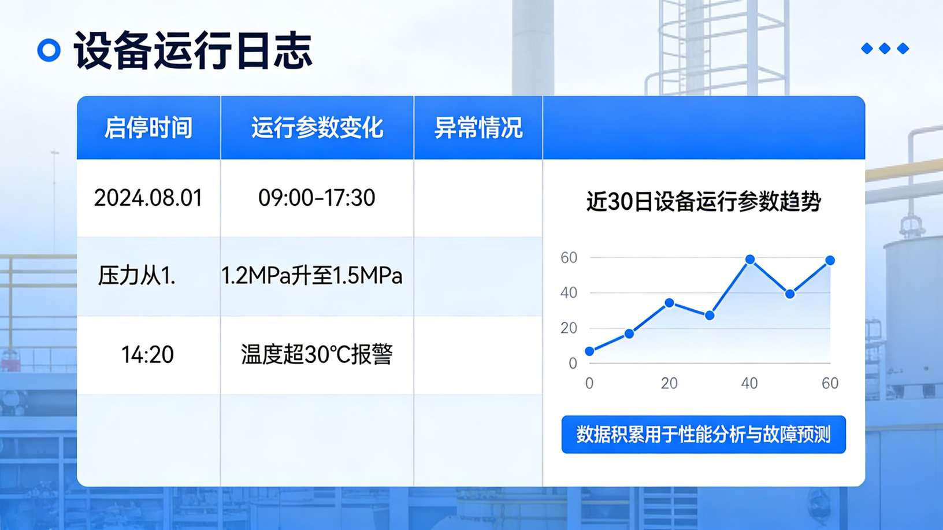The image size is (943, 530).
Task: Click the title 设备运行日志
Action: [x=193, y=51]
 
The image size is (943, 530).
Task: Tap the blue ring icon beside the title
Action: [x=49, y=50]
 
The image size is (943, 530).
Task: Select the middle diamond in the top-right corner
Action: [x=885, y=49]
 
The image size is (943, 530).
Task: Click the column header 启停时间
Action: [x=148, y=128]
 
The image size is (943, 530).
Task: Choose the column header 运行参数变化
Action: [x=317, y=128]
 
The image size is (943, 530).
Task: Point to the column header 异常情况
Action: [x=478, y=128]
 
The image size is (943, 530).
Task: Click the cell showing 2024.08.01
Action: [x=148, y=198]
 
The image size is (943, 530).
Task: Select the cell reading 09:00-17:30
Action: [x=317, y=198]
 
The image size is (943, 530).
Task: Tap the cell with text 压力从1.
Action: [x=137, y=276]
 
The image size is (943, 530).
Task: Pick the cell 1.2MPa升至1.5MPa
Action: [x=312, y=276]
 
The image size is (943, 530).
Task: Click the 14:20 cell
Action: [x=147, y=354]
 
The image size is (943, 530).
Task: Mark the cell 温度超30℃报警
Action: [x=317, y=354]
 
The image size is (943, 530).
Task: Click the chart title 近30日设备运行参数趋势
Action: [x=703, y=202]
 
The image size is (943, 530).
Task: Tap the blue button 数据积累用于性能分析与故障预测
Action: [x=703, y=434]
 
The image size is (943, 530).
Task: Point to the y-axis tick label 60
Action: [x=569, y=258]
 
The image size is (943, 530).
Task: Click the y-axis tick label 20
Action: [x=569, y=328]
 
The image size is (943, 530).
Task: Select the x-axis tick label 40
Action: [x=749, y=383]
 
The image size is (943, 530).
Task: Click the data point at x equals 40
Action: [x=750, y=260]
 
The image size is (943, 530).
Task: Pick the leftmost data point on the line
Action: [x=589, y=351]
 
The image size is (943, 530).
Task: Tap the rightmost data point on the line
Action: [x=830, y=261]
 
